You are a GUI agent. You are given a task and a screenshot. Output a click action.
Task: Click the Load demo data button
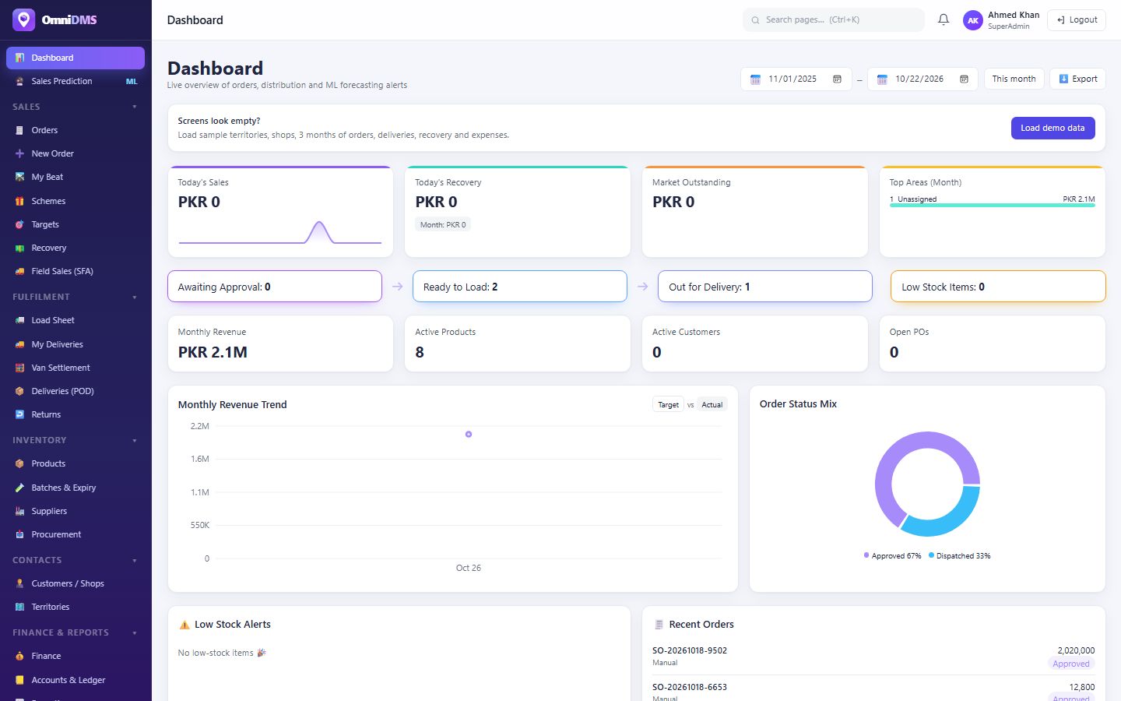(1052, 129)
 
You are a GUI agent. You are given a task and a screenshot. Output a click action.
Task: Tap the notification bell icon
(944, 19)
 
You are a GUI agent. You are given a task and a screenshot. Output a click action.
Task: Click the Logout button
(1077, 20)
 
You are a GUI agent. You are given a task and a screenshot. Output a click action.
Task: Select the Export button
(1077, 79)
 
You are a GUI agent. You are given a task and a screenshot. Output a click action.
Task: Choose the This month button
(1014, 79)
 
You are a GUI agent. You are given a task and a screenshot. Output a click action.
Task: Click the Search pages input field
(833, 20)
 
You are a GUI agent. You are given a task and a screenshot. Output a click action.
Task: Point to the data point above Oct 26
(469, 434)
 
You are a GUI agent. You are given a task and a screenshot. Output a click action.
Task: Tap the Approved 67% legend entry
(892, 556)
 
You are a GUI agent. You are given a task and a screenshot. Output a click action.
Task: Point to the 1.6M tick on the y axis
(199, 459)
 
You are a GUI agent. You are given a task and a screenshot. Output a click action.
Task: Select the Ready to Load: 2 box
(519, 287)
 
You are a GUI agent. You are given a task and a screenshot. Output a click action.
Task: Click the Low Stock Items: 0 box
(998, 287)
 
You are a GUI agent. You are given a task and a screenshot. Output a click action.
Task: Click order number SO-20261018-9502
(690, 650)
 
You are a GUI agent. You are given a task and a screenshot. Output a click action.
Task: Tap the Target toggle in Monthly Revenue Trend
(668, 404)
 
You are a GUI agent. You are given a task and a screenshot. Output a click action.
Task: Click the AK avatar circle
(973, 20)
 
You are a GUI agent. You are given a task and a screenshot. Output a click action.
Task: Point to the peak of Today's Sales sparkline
(319, 222)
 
